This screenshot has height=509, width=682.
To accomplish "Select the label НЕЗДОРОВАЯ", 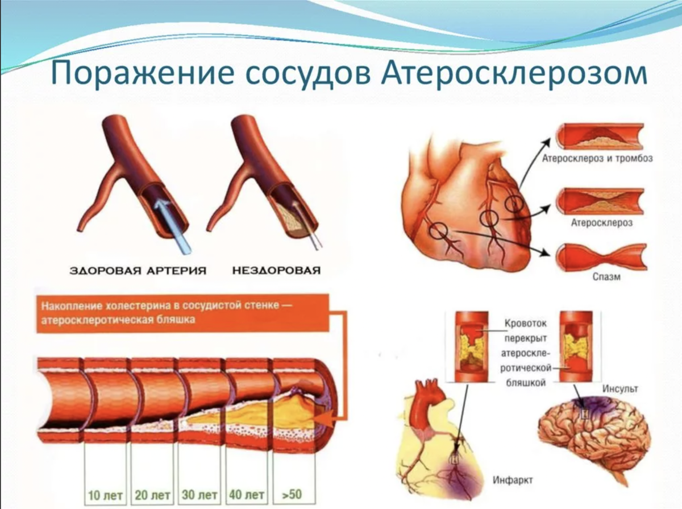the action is pos(275,270).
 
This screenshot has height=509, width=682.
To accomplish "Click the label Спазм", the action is pos(601,279).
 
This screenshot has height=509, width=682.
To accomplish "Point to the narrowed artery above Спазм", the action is pos(601,256).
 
